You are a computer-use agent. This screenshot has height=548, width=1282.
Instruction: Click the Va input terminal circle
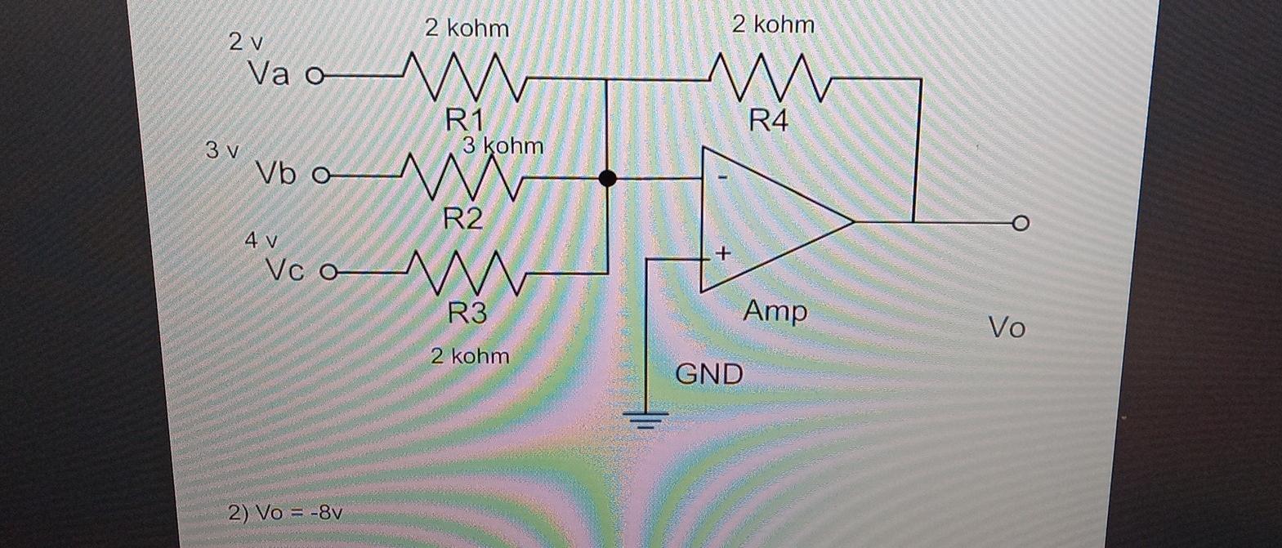[313, 77]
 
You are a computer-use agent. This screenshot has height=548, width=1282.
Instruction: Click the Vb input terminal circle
[319, 175]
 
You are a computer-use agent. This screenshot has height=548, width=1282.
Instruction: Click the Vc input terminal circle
[328, 272]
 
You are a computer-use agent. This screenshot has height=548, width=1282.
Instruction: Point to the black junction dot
[607, 178]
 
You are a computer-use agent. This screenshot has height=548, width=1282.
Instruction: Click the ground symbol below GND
[647, 419]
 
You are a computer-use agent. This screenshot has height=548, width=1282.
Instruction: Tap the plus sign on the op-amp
[722, 254]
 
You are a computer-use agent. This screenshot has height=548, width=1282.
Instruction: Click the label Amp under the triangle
[775, 311]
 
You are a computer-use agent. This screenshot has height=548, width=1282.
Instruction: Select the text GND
[709, 375]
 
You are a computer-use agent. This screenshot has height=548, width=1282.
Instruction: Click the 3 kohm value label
[503, 146]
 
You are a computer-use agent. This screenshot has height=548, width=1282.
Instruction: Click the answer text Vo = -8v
[285, 514]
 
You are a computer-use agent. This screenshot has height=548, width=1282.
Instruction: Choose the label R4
[769, 122]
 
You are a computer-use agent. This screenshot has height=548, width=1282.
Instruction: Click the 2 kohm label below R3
[470, 356]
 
